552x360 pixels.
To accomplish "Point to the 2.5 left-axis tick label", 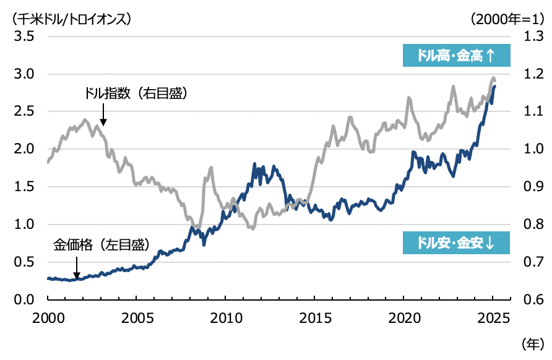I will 24,112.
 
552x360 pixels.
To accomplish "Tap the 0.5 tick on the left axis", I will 24,262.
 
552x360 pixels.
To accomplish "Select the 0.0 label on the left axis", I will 24,300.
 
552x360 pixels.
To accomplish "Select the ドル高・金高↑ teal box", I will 456,56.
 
